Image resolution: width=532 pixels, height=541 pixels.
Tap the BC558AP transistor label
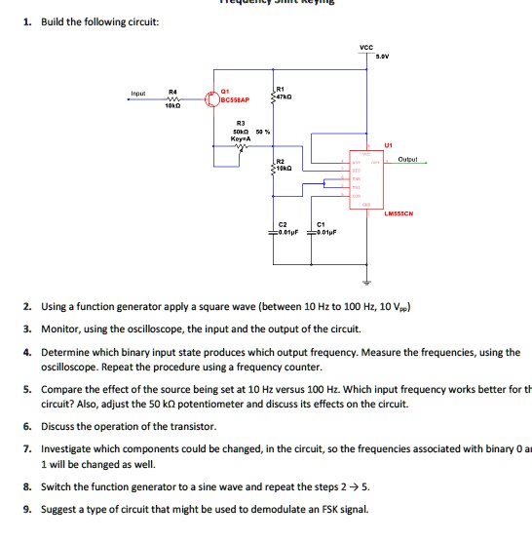click(235, 100)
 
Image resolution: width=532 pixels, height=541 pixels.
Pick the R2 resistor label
click(280, 160)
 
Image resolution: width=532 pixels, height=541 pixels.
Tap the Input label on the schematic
click(139, 94)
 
